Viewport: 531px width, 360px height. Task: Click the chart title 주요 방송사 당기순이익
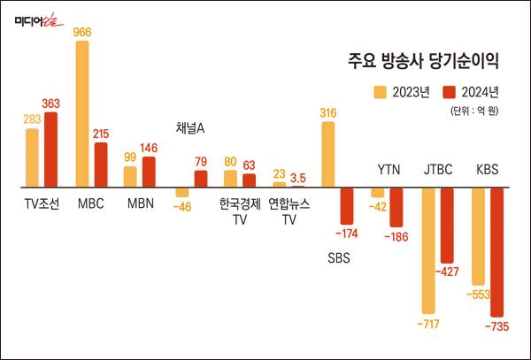click(423, 62)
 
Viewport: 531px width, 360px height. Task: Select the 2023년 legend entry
click(403, 91)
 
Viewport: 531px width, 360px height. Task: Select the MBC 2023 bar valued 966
click(82, 113)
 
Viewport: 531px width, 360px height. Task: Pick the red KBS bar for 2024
click(496, 252)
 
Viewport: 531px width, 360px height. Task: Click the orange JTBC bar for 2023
click(428, 250)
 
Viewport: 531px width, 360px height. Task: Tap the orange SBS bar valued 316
click(327, 154)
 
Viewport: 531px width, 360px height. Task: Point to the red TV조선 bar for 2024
click(50, 149)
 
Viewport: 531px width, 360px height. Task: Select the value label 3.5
click(298, 177)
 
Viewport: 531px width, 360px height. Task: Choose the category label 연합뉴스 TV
click(289, 212)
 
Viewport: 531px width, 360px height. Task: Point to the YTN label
click(389, 168)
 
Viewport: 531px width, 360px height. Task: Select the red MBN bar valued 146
click(149, 172)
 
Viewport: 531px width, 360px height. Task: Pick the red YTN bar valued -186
click(396, 208)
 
